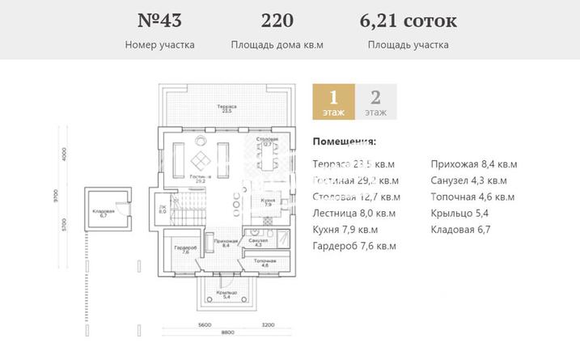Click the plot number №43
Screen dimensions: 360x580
159,20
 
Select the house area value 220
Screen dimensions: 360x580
277,20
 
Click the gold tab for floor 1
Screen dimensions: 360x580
332,103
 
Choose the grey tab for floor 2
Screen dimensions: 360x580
375,103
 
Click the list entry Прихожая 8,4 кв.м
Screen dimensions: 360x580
474,164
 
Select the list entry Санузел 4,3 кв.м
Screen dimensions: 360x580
469,180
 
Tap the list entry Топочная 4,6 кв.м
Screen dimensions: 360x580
472,197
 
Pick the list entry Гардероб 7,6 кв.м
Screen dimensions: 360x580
354,246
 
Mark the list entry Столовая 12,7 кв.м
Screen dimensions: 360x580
355,197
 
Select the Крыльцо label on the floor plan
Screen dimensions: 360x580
226,294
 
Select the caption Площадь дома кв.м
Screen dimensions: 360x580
277,45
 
